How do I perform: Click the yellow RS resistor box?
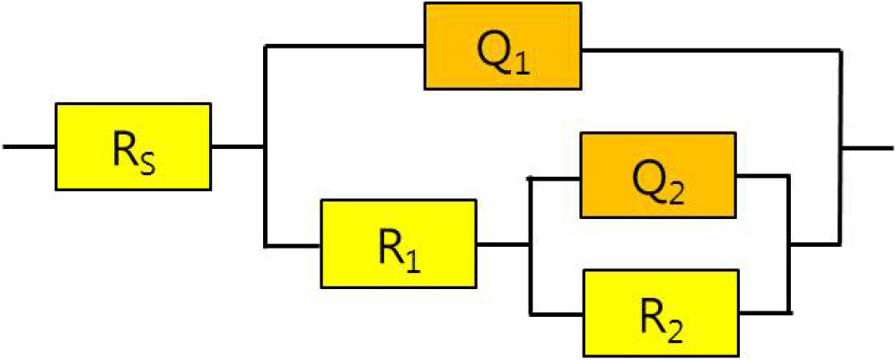pos(133,145)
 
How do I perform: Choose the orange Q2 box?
pos(659,176)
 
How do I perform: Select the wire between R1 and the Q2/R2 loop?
pos(504,243)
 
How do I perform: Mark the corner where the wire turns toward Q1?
pos(266,48)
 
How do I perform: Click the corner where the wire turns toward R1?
pos(266,243)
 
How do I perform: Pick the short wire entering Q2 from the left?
pos(556,177)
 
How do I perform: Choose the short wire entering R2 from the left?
pos(557,312)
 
